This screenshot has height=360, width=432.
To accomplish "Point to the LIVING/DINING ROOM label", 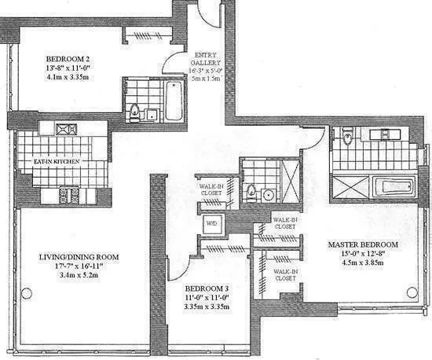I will (x=79, y=257).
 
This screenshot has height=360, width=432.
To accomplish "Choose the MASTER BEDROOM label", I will (x=363, y=245).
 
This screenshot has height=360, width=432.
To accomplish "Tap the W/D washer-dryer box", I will (x=212, y=224).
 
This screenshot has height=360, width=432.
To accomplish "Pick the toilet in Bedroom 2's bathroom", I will (x=134, y=111).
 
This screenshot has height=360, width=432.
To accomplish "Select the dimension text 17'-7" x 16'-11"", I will (x=79, y=267).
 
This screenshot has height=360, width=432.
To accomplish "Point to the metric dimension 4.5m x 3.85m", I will (x=363, y=264).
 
